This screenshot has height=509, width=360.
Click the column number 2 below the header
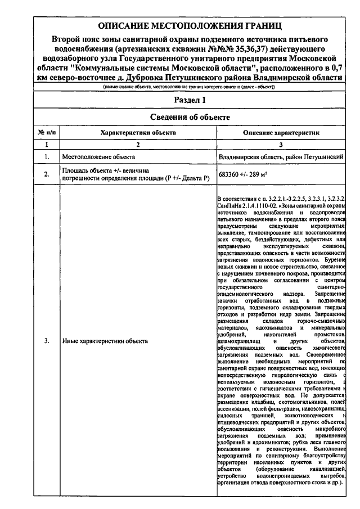(x=138, y=145)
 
